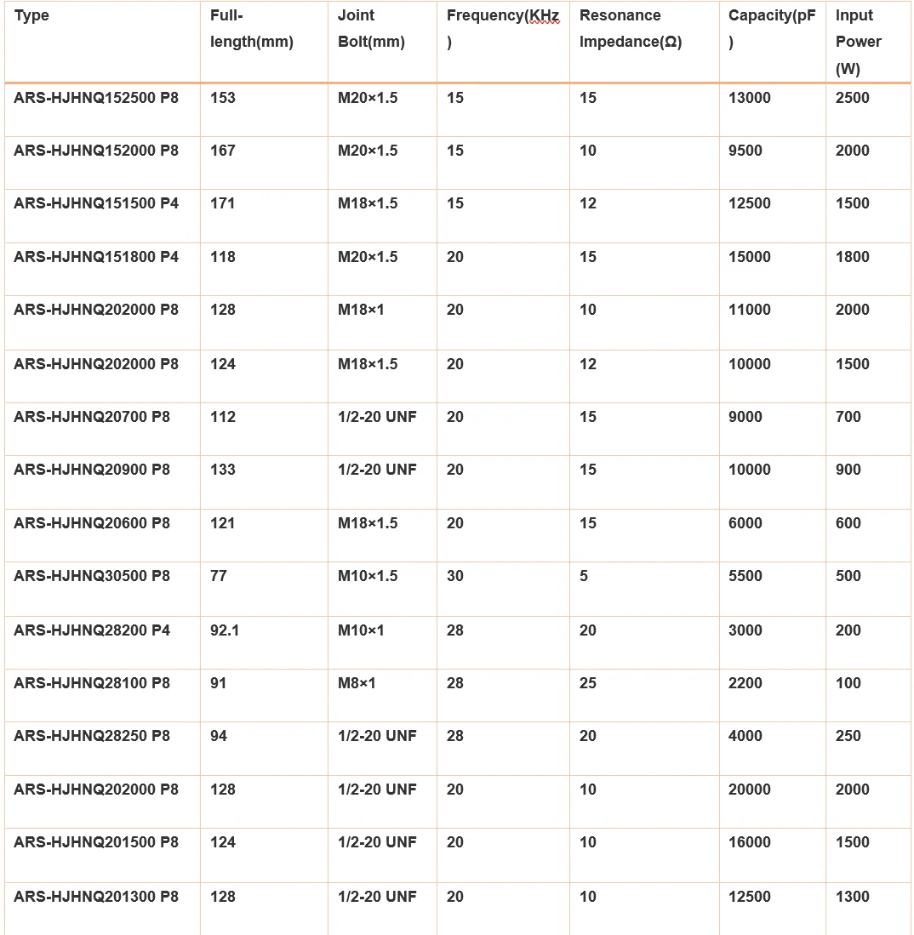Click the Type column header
(x=31, y=15)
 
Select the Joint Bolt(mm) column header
(x=371, y=28)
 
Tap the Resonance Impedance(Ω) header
(x=630, y=28)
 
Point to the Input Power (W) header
(x=858, y=42)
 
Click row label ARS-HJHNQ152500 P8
(x=96, y=98)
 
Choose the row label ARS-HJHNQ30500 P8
(x=92, y=576)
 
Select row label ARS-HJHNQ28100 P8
(x=92, y=683)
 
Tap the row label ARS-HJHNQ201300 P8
(x=96, y=897)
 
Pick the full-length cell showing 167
(x=223, y=151)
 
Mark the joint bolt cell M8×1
(x=357, y=683)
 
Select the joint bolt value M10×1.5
(x=368, y=576)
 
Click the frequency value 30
(x=455, y=576)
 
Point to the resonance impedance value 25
(x=588, y=683)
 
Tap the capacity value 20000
(x=750, y=790)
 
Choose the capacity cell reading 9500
(x=745, y=151)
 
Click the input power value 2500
(x=853, y=98)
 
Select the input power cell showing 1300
(x=853, y=897)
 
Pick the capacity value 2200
(x=745, y=683)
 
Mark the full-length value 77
(x=219, y=576)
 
